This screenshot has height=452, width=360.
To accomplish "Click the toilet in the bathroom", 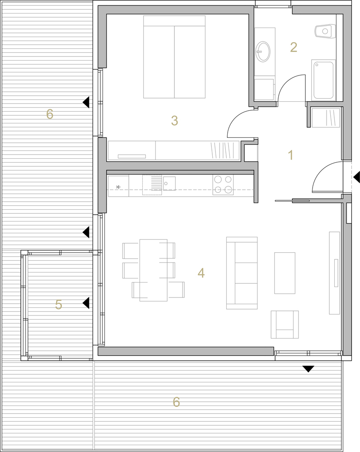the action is [325, 31].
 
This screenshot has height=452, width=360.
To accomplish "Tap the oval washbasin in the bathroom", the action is [263, 52].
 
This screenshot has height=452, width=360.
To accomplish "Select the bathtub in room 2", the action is [323, 80].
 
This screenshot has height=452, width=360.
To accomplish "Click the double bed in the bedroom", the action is [174, 57].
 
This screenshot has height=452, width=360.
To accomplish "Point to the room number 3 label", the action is [174, 121].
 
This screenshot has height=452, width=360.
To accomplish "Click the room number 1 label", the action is [290, 155].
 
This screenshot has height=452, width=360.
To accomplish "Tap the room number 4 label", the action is [201, 273].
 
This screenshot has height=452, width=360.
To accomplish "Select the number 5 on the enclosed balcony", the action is [58, 304].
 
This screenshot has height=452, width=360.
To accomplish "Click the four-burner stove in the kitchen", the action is [223, 184].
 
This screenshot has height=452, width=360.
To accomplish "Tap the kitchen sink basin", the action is [169, 184].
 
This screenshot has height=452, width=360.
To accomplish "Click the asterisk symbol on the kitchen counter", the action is [118, 188].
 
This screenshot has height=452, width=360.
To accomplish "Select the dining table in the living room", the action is [154, 270].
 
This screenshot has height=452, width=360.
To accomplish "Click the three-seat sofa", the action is [242, 273].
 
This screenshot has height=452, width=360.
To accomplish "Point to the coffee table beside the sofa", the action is [285, 273].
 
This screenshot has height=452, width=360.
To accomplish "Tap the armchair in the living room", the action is [285, 324].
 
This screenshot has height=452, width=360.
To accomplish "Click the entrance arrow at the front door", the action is [356, 177].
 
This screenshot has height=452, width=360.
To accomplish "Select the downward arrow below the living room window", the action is [308, 369].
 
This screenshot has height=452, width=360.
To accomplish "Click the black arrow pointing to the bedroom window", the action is [86, 102].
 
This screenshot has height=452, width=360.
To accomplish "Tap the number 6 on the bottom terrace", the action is [176, 402].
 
